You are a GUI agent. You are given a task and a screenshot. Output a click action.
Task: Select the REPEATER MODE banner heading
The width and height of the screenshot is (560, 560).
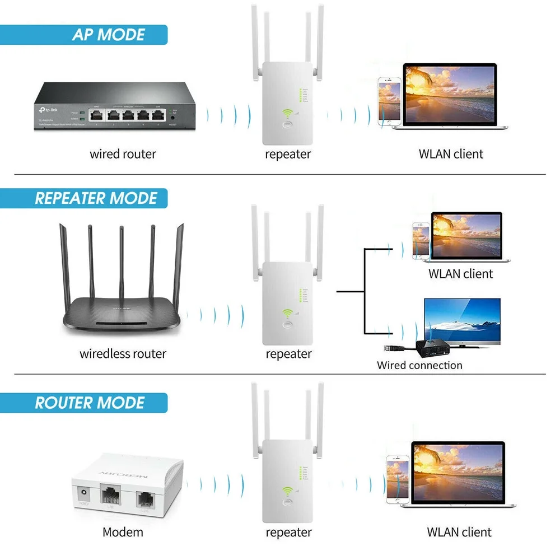[96, 198]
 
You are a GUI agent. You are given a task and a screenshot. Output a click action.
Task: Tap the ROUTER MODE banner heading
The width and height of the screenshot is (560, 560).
[90, 403]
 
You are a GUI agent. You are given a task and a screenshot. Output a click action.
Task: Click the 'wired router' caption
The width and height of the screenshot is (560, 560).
[123, 153]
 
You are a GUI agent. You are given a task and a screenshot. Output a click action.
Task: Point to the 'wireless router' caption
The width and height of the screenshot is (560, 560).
[123, 353]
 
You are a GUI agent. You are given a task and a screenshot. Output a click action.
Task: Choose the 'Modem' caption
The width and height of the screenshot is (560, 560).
[123, 531]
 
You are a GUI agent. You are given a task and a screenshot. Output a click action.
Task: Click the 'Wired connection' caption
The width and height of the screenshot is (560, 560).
[419, 365]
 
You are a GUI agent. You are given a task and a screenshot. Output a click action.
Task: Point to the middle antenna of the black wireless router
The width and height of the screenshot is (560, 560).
[121, 263]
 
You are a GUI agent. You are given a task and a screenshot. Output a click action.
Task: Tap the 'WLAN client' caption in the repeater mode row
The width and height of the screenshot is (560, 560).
[460, 274]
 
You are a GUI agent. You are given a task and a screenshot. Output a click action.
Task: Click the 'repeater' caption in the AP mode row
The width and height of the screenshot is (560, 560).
[288, 153]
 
